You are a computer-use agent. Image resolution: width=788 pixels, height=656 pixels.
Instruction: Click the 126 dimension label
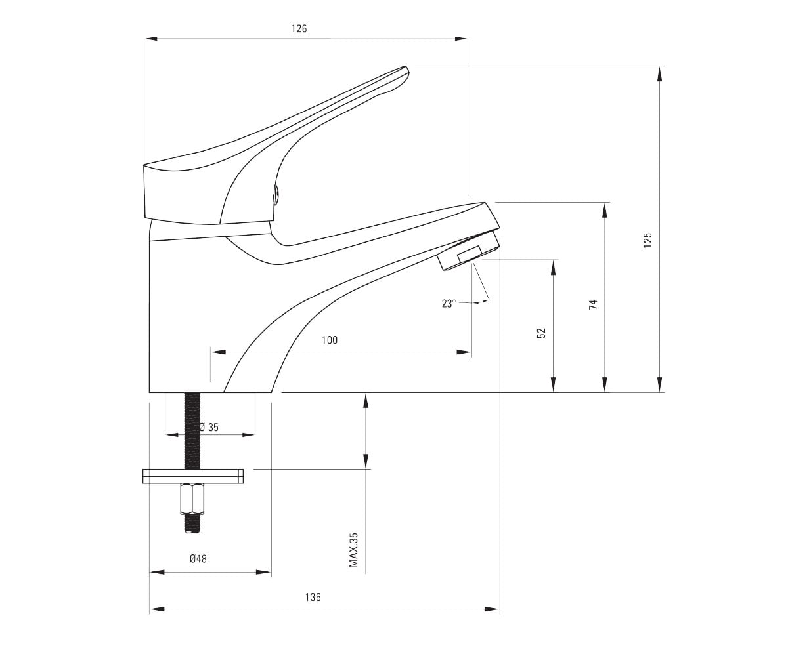(299, 29)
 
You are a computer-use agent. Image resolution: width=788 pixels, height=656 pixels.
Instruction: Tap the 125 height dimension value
(647, 240)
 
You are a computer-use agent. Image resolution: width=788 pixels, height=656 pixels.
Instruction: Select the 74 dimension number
(593, 304)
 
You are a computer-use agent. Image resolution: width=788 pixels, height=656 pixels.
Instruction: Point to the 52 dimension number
(541, 333)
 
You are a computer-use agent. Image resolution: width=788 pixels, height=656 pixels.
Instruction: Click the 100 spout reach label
(330, 340)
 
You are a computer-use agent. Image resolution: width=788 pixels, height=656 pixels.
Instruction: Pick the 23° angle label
(449, 304)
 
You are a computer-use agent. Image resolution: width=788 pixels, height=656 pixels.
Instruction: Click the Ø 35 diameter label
(209, 427)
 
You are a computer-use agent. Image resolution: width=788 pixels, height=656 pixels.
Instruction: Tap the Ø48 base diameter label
(198, 559)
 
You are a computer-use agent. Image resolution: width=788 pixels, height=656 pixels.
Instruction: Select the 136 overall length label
(313, 597)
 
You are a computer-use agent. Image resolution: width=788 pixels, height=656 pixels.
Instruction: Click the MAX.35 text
(354, 550)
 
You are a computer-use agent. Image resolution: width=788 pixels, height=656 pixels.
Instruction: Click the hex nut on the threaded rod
(192, 499)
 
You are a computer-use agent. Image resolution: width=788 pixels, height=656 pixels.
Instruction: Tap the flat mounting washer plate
(193, 476)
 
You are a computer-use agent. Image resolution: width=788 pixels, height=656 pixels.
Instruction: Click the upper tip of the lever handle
(406, 67)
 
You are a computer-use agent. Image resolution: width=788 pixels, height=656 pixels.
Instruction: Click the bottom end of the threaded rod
(192, 531)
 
